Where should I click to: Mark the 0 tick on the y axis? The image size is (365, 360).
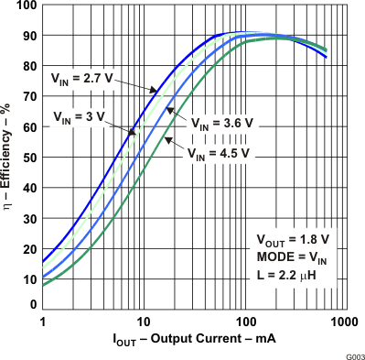[33, 305]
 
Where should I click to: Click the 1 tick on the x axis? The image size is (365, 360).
[43, 322]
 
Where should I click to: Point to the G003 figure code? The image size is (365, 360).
[351, 353]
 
